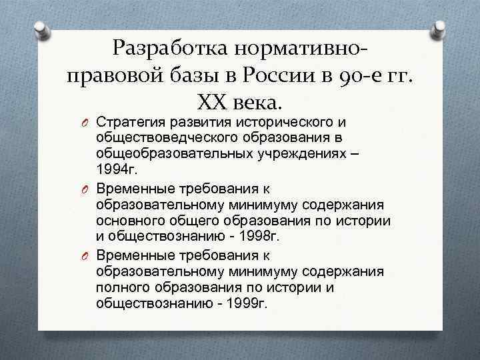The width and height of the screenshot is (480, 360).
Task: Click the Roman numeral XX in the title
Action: (213, 102)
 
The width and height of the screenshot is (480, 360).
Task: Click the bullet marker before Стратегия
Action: (86, 123)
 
